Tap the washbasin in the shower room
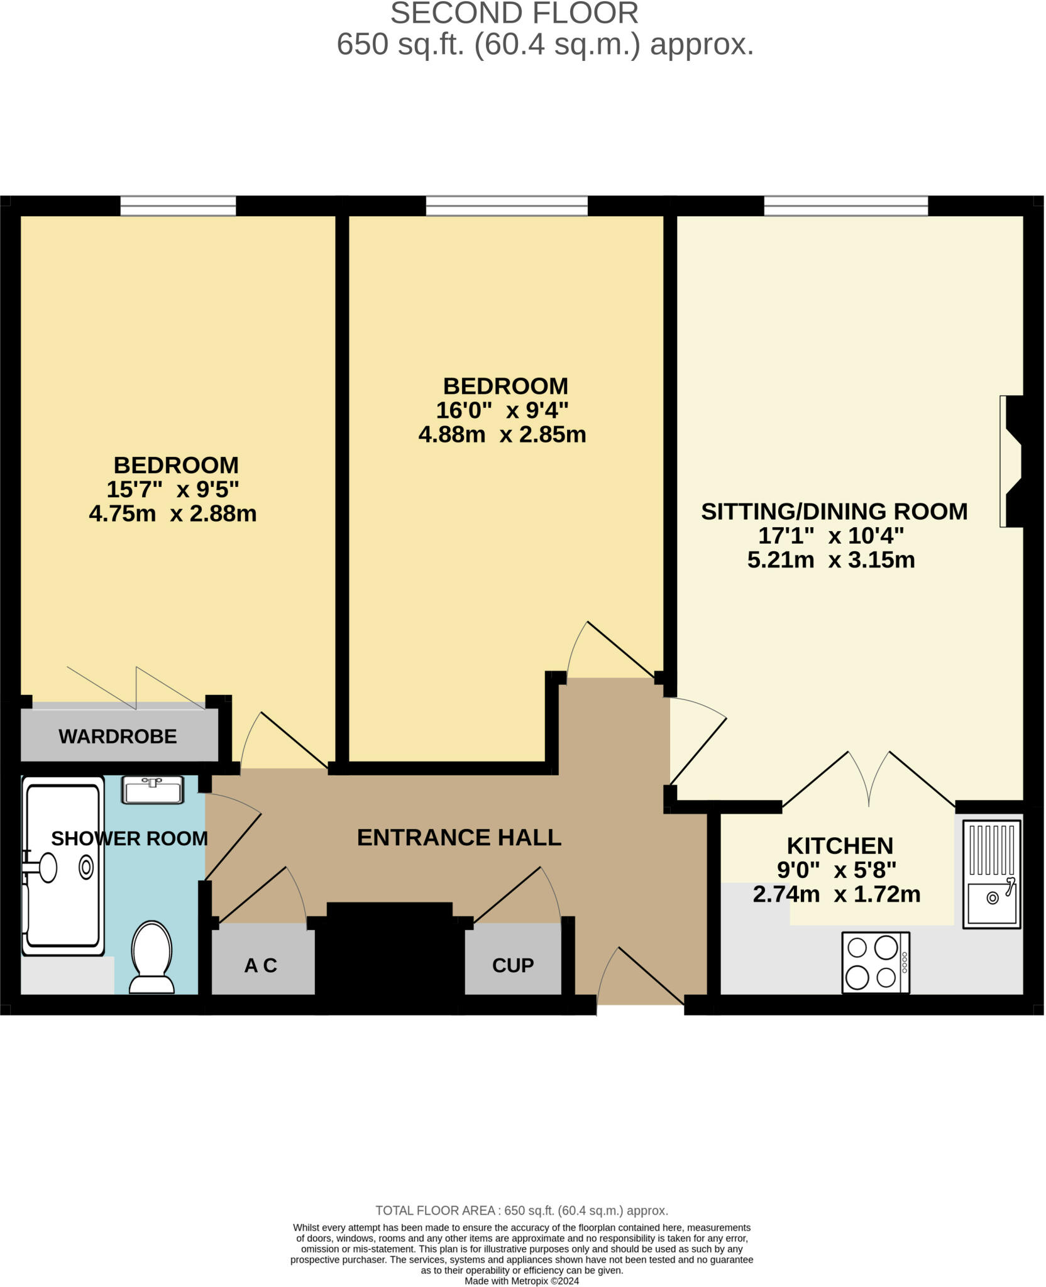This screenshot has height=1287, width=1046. tap(152, 790)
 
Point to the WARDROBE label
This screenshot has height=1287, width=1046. tap(118, 736)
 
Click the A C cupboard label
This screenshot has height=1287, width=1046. tap(260, 965)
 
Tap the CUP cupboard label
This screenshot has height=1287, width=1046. tap(513, 965)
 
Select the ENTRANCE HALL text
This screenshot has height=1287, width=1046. tap(459, 838)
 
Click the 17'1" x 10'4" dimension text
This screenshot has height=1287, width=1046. tap(831, 536)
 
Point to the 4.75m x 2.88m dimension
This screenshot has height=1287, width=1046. tap(173, 513)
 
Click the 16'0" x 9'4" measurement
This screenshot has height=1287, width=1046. tap(502, 410)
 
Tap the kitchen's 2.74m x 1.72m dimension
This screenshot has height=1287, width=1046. tap(837, 894)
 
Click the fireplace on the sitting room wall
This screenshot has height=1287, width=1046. tap(1011, 461)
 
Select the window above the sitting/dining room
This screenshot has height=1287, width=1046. tap(846, 206)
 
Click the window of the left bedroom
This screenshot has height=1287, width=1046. tap(178, 206)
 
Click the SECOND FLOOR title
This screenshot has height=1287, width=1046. tap(514, 14)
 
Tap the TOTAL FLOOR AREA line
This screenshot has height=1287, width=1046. tap(522, 1210)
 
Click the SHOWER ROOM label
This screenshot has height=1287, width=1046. tap(129, 838)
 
